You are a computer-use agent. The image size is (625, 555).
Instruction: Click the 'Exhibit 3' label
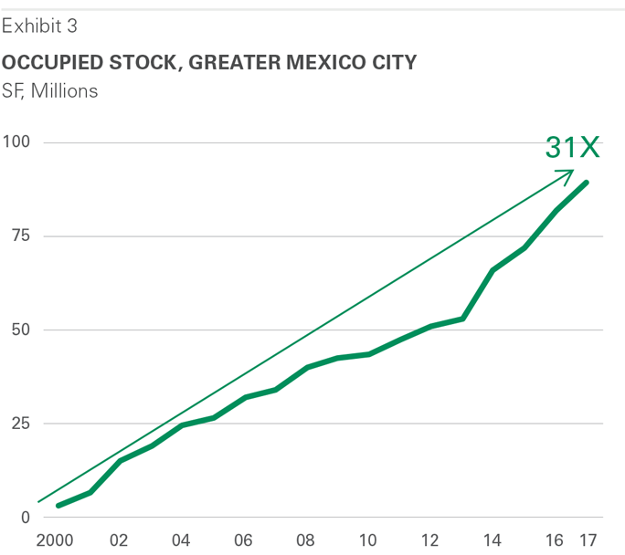tap(39, 26)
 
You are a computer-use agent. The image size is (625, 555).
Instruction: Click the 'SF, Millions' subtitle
tap(50, 90)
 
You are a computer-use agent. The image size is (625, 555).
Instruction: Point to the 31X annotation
tap(572, 148)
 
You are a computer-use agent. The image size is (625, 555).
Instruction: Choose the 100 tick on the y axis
tap(16, 142)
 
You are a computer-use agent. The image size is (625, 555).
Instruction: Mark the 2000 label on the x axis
tap(57, 540)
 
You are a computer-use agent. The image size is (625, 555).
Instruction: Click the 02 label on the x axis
tap(119, 540)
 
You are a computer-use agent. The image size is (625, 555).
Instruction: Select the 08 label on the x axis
tap(306, 540)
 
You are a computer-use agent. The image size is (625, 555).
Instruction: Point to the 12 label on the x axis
tap(430, 540)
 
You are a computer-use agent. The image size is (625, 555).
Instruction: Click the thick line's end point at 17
tap(587, 183)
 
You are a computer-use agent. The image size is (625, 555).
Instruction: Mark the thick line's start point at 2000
tap(58, 505)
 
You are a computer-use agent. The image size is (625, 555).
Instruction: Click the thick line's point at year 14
tap(493, 270)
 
